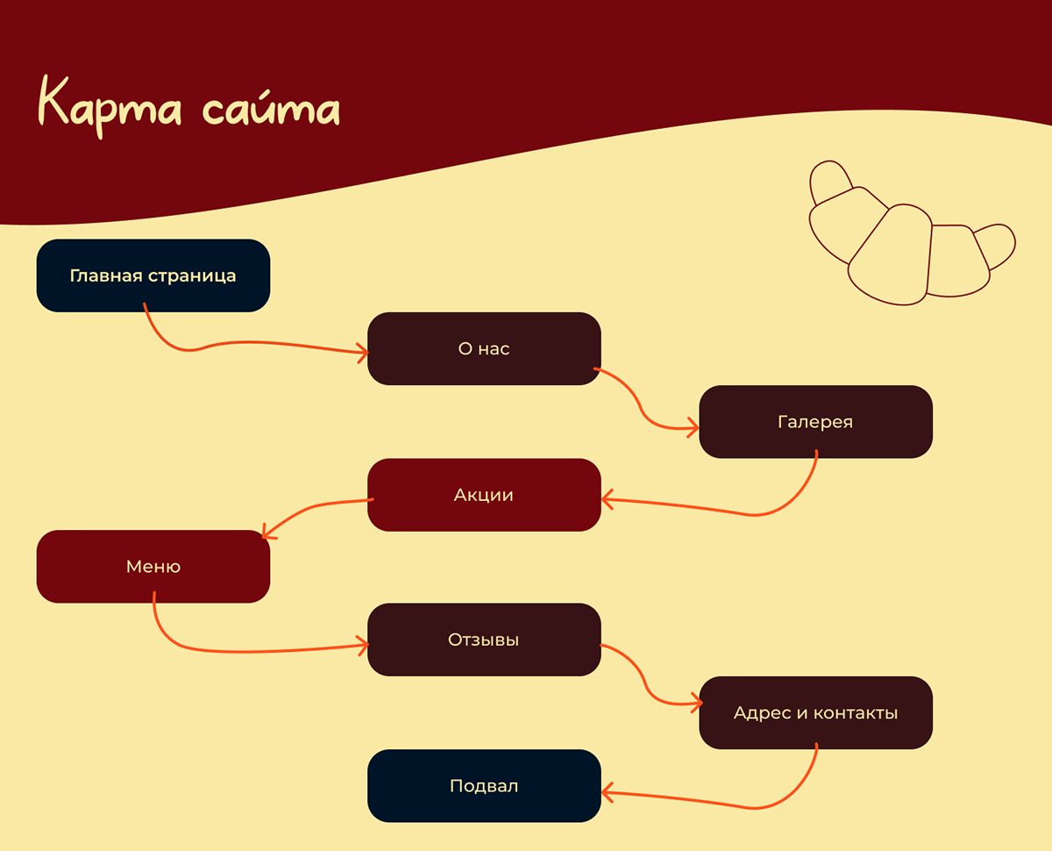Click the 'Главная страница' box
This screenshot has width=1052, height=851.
pos(153,275)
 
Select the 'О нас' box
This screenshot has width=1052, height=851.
pos(483,348)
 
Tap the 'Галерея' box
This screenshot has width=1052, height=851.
pos(815,422)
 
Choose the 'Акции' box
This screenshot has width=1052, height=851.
pos(483,495)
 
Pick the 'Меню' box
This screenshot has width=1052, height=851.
pos(153,567)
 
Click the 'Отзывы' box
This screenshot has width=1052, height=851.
pos(483,640)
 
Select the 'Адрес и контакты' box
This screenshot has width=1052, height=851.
pos(815,712)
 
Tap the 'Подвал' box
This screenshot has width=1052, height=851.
pos(483,786)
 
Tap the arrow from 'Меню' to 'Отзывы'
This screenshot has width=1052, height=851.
pos(254,651)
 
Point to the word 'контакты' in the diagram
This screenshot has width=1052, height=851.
pos(856,712)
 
